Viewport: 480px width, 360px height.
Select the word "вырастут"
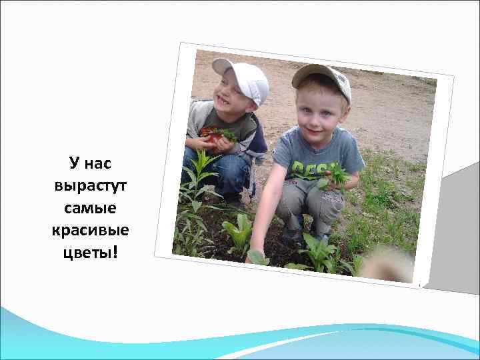pyautogui.click(x=90, y=185)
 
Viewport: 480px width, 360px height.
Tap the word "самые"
pyautogui.click(x=90, y=207)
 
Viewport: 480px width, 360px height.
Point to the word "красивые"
pyautogui.click(x=90, y=230)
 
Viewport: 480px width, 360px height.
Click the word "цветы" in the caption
pyautogui.click(x=85, y=253)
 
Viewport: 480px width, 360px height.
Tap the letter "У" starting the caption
pyautogui.click(x=74, y=162)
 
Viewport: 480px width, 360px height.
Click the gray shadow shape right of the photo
pyautogui.click(x=453, y=227)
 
